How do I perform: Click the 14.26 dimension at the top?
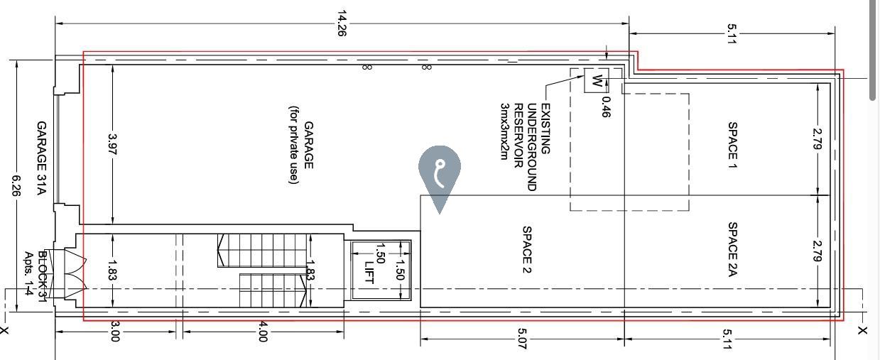point(342,23)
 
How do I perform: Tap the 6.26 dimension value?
point(16,186)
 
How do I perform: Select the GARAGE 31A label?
point(41,158)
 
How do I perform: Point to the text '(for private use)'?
point(294,145)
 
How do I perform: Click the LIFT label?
point(369,273)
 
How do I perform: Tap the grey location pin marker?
point(440,177)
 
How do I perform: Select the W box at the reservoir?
point(597,81)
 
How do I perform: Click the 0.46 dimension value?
point(606,107)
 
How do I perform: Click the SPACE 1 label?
point(732,146)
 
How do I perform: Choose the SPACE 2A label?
point(732,249)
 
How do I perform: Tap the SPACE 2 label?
point(526,250)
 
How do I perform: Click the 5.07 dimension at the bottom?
point(522,339)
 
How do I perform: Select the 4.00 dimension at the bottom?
point(263,332)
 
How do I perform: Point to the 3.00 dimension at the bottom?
point(114,332)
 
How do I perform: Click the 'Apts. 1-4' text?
point(28,273)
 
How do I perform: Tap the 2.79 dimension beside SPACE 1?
point(817,139)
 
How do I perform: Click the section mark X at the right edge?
point(862,331)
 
